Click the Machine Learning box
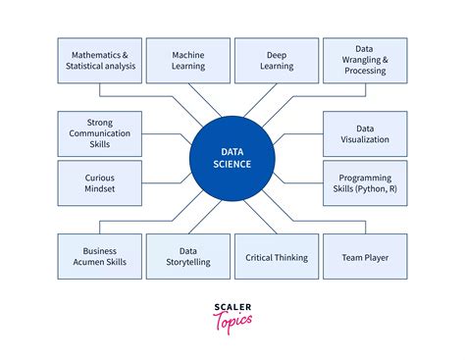188,61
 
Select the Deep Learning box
276,61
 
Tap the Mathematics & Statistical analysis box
100,61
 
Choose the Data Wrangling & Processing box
365,61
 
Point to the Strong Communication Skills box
100,134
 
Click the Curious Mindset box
100,183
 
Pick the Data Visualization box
365,134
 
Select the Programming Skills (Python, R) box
365,183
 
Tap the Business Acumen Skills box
100,257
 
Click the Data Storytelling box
188,257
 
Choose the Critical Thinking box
276,257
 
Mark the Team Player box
365,257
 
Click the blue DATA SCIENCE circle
232,158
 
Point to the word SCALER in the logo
232,308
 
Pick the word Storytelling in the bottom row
188,263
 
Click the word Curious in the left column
100,178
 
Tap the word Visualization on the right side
365,140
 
